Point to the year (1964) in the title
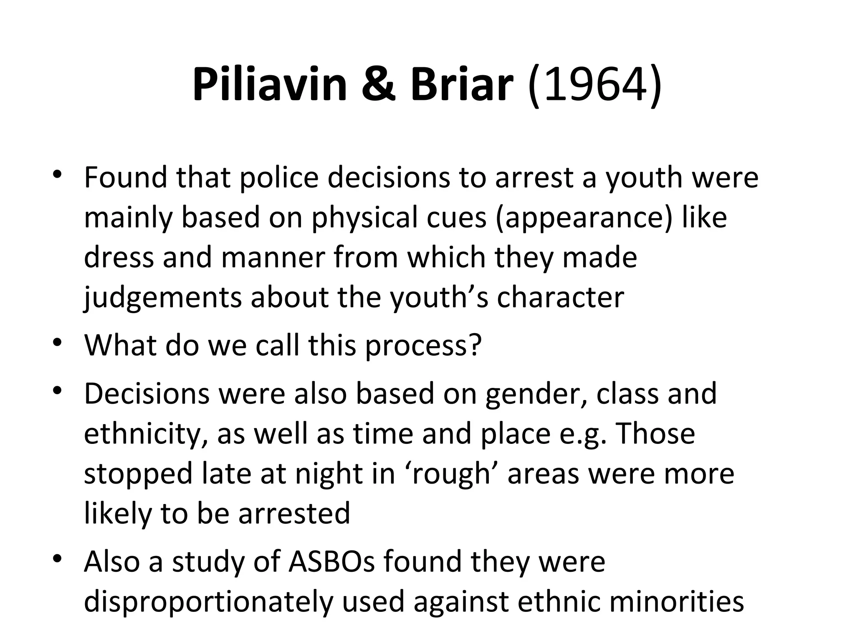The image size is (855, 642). click(x=594, y=85)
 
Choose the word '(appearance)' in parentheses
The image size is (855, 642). click(x=584, y=218)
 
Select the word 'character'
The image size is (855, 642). click(x=560, y=298)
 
